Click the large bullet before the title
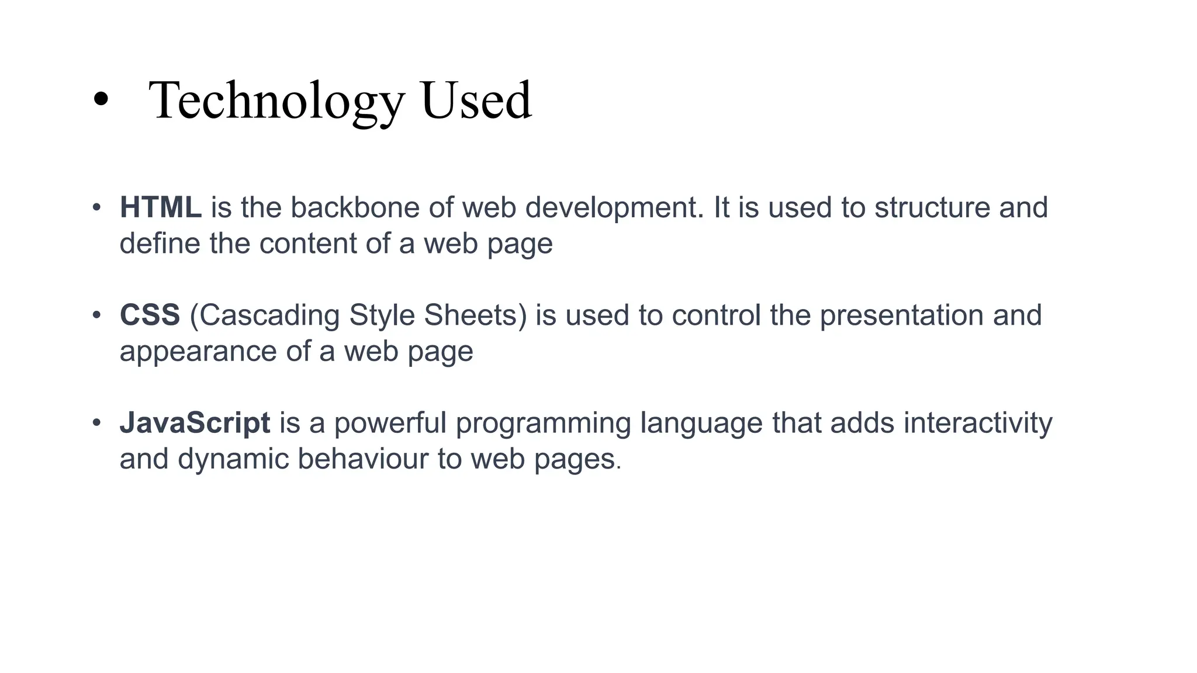pos(101,99)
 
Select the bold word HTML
pos(161,207)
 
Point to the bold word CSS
pos(150,315)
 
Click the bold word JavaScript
pos(195,422)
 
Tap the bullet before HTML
pos(96,207)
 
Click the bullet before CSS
pos(96,315)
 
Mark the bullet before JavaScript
pos(96,422)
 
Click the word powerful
pos(390,424)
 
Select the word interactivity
pos(977,422)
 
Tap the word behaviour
pos(363,459)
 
